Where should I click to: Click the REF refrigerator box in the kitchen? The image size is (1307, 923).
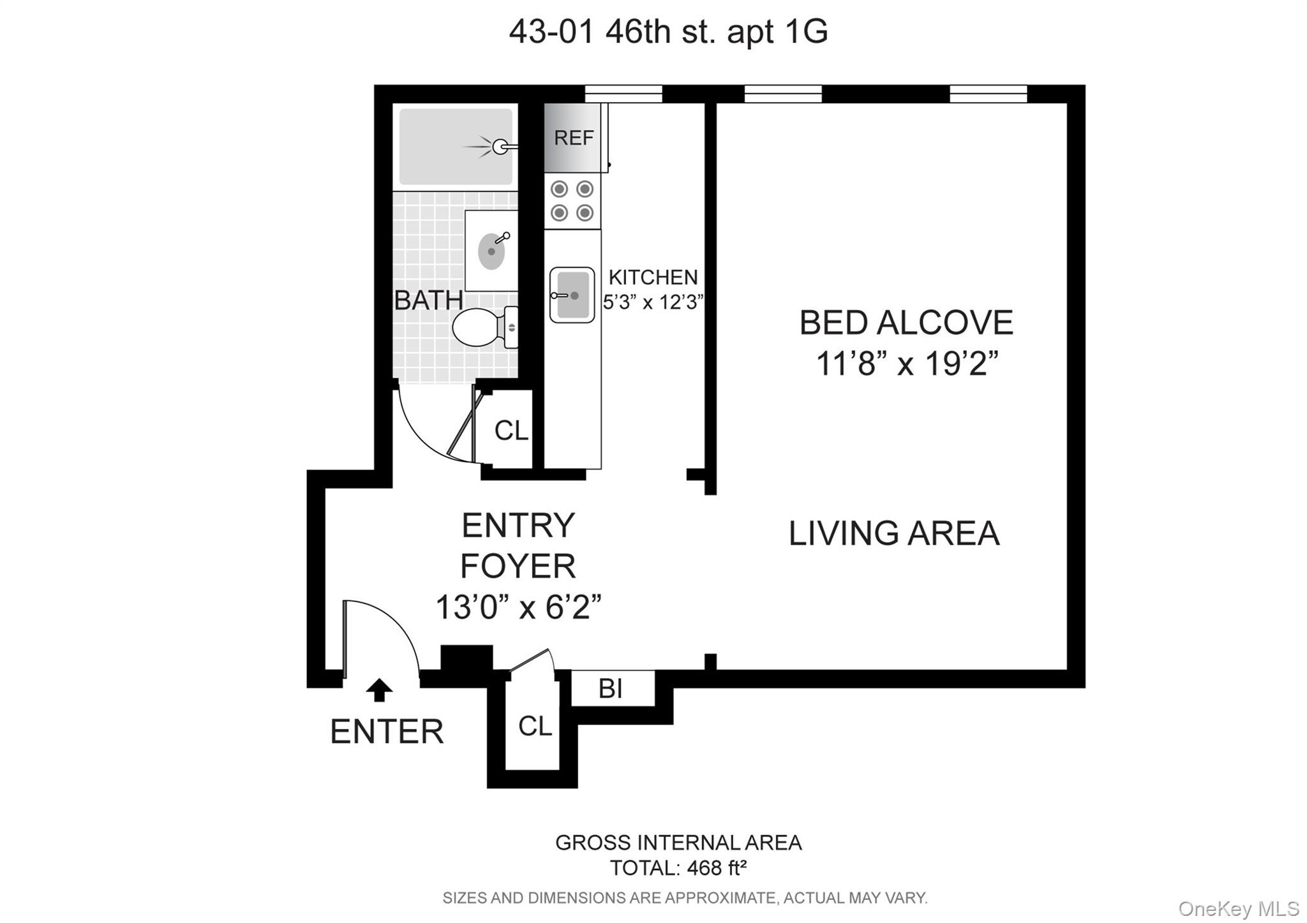[572, 138]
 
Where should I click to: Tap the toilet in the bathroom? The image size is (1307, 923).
[479, 327]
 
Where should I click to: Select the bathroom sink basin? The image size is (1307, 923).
[491, 251]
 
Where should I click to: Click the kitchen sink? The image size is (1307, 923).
[572, 295]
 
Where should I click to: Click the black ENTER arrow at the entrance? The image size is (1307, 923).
[380, 690]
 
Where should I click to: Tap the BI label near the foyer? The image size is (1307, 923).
[611, 688]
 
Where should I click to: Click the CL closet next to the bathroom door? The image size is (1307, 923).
[511, 431]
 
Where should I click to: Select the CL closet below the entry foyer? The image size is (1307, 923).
[534, 726]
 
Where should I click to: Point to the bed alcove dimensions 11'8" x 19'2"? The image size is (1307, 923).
[906, 364]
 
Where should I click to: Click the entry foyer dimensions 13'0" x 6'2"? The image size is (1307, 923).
[518, 607]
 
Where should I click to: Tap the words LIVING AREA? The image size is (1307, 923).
[893, 533]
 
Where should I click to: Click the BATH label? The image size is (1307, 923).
[428, 300]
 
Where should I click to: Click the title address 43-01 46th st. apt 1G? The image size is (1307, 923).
[668, 31]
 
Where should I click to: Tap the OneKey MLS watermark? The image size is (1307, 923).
[1238, 908]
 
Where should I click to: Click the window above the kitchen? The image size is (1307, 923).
[623, 94]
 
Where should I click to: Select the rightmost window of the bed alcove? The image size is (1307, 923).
[988, 94]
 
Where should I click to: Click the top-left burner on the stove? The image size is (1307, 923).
[559, 189]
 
